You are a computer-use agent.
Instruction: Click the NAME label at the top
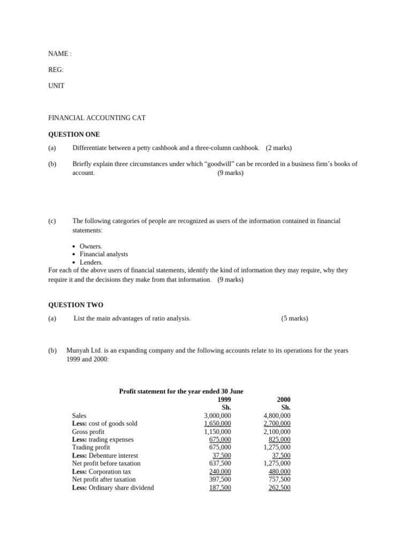coord(58,54)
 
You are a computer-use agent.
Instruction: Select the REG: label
coord(56,70)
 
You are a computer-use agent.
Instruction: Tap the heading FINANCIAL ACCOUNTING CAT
coord(97,118)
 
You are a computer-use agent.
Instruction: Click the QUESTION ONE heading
coord(74,134)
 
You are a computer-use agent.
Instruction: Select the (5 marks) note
coord(294,318)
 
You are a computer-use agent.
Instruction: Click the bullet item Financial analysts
coord(104,254)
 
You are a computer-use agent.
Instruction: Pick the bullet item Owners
coord(90,246)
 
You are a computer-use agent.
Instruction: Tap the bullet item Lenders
coord(91,262)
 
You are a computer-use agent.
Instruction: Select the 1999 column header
coord(224,399)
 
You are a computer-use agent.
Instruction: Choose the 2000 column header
coord(284,399)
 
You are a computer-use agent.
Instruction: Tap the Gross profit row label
coord(88,431)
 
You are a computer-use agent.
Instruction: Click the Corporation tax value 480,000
coord(279,471)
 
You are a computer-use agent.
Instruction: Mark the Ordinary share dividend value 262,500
coord(279,488)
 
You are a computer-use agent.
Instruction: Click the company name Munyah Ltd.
coord(83,351)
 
